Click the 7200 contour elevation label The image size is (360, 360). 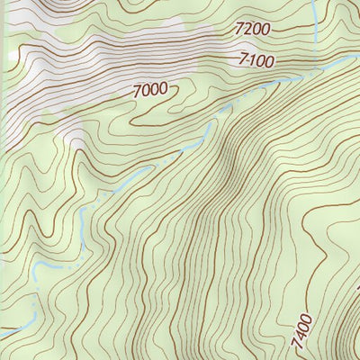pyautogui.click(x=251, y=30)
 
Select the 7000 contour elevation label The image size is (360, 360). pyautogui.click(x=149, y=90)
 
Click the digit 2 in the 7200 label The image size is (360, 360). pyautogui.click(x=247, y=30)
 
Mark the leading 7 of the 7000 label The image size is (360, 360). pyautogui.click(x=137, y=90)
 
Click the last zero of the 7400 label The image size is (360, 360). pyautogui.click(x=302, y=318)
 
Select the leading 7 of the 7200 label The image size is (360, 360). pyautogui.click(x=238, y=30)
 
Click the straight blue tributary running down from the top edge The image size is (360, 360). pyautogui.click(x=314, y=27)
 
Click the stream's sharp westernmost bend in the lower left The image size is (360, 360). pyautogui.click(x=34, y=270)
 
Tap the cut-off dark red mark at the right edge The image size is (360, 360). pyautogui.click(x=357, y=288)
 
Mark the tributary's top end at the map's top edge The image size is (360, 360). pyautogui.click(x=312, y=2)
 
